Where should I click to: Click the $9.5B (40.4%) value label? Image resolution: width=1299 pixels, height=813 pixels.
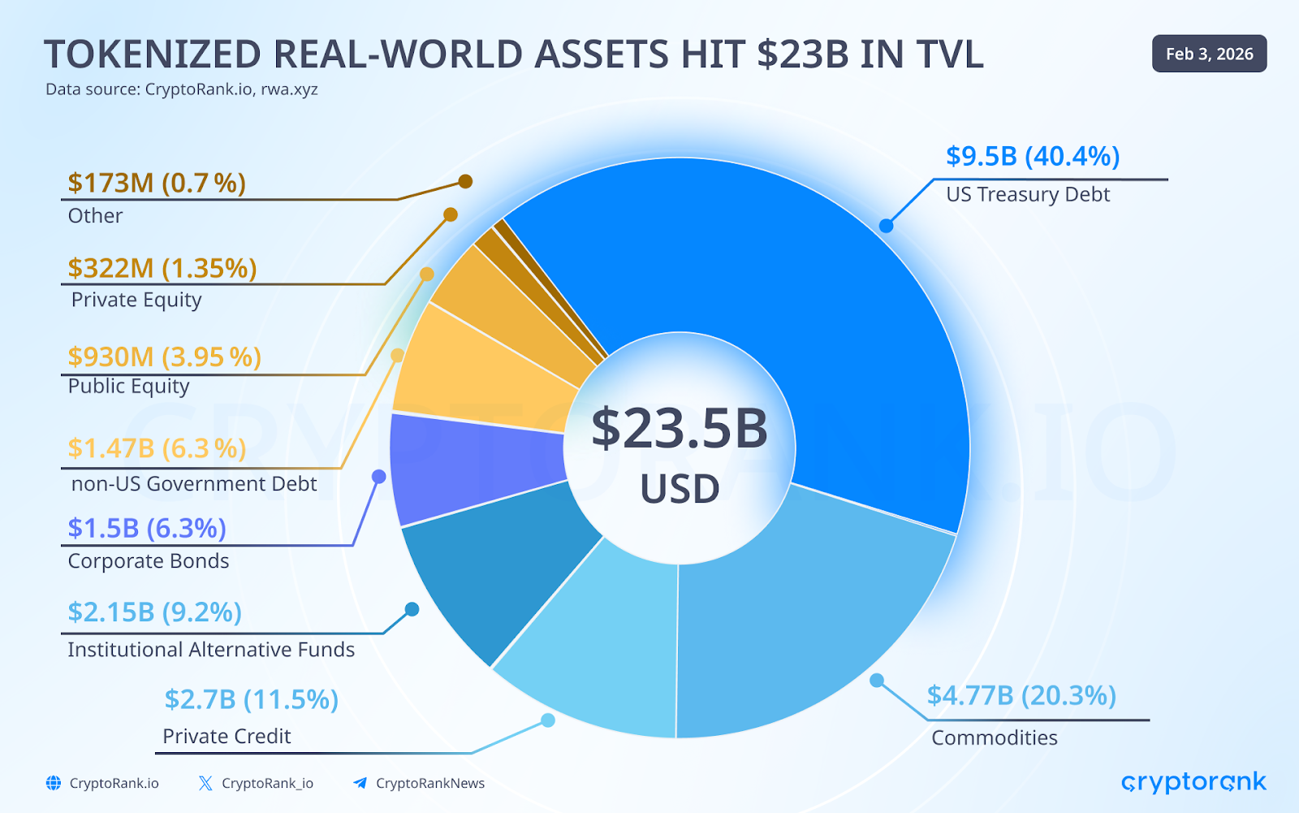[1033, 156]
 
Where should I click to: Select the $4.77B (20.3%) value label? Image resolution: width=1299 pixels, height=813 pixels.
[1021, 695]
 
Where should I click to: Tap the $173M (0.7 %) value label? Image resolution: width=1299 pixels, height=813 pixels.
[157, 183]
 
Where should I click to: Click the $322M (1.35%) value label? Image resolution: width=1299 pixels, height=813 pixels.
[162, 267]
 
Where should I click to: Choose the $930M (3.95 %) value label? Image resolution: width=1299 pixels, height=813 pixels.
[165, 357]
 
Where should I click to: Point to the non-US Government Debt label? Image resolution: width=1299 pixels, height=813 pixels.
[194, 484]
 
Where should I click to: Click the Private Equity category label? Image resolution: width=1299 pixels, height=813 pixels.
[136, 300]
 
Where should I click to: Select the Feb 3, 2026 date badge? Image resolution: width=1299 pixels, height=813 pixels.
[1209, 54]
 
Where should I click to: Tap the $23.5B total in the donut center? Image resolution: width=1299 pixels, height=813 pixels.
[680, 428]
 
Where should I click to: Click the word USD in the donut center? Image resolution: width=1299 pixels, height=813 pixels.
[680, 489]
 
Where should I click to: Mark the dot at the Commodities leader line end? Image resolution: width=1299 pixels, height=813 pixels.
[877, 681]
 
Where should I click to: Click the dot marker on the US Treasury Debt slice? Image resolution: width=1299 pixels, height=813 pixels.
[887, 226]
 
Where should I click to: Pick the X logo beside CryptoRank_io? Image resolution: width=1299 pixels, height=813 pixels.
[205, 783]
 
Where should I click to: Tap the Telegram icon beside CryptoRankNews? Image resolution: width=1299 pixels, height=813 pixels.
[360, 783]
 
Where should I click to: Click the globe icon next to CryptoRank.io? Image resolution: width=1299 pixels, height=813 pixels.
[54, 783]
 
